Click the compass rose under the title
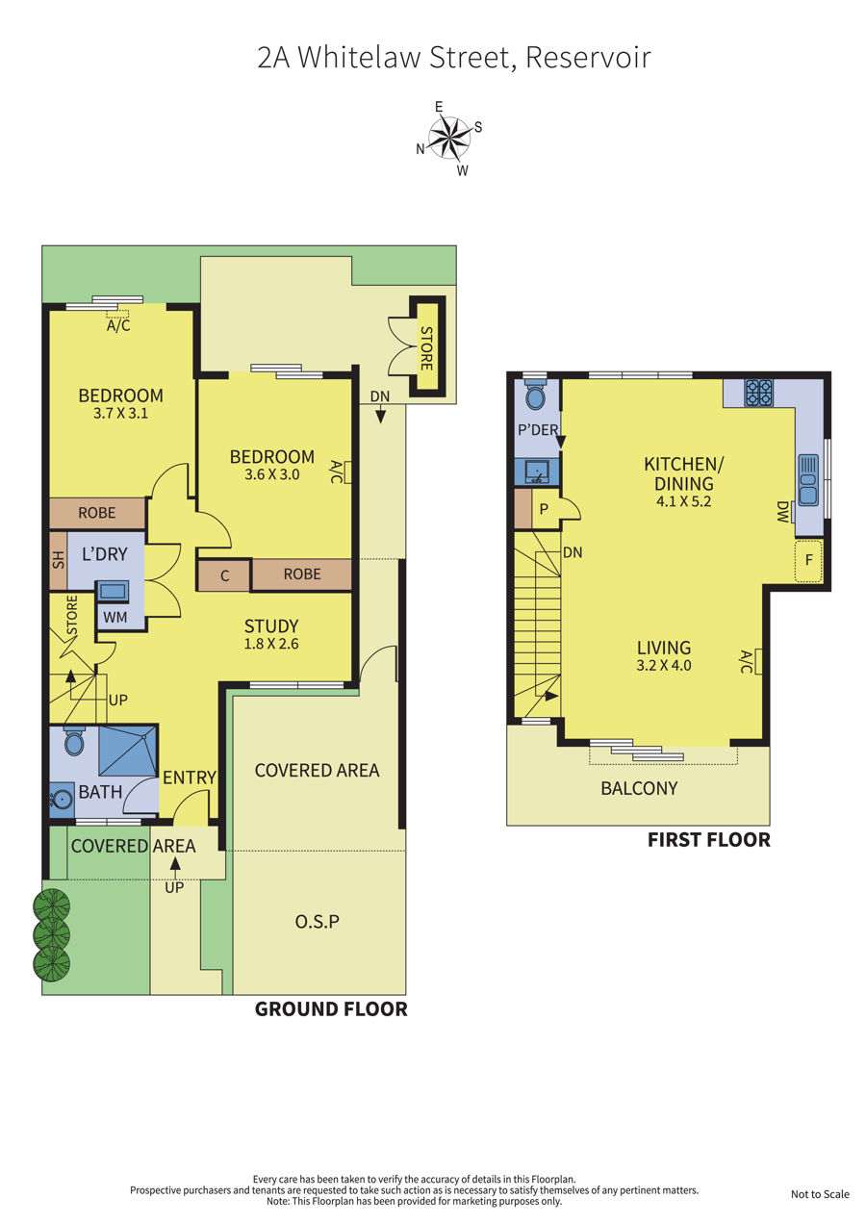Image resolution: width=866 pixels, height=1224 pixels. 448,138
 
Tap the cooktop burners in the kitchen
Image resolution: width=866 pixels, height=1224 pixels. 759,393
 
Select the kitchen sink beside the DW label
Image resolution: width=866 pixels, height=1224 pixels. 808,480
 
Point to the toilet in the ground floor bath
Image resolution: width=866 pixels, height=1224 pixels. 74,742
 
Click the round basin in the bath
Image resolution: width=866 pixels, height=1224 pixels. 62,800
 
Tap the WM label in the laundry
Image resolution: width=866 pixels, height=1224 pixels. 115,618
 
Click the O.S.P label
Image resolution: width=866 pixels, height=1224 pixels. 317,922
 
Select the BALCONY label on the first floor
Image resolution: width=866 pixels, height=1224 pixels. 639,788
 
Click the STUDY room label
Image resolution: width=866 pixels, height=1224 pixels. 271,625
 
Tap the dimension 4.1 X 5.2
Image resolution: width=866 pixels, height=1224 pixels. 683,501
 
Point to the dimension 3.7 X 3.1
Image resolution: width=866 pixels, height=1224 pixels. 120,413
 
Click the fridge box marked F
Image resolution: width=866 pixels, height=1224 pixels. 808,561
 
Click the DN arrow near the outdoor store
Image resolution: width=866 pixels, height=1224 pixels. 380,417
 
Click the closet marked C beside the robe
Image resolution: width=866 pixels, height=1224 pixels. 224,575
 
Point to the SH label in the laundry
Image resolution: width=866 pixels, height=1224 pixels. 59,561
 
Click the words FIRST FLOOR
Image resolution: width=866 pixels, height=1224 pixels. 708,840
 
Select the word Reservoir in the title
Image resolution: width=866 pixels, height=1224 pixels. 588,58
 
